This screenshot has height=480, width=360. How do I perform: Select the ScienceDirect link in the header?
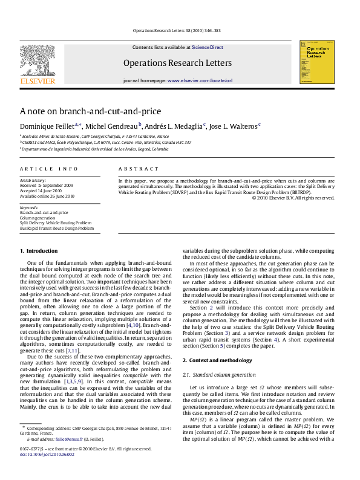[x=208, y=47]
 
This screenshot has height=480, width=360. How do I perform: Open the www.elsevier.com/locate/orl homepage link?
[x=200, y=80]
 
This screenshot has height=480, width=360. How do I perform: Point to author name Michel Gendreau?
[x=112, y=126]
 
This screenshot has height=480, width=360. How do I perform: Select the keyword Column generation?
[x=37, y=218]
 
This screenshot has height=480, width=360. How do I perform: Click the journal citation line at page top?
[x=180, y=30]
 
